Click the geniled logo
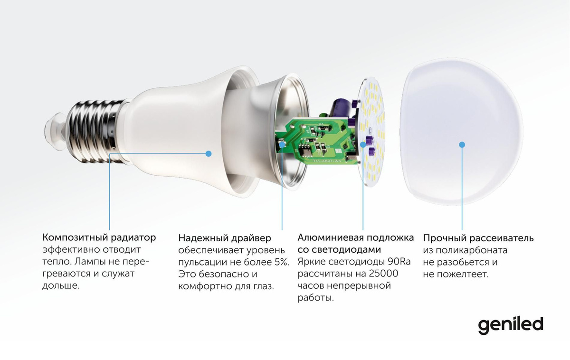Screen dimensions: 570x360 click(x=511, y=326)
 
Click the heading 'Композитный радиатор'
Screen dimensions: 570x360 click(x=99, y=237)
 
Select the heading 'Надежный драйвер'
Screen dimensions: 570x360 click(x=225, y=238)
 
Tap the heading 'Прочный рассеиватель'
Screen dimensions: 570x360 click(x=478, y=238)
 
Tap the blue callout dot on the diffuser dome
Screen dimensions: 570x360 click(x=462, y=145)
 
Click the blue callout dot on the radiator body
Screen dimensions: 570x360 click(x=209, y=154)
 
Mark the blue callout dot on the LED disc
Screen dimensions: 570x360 click(x=363, y=144)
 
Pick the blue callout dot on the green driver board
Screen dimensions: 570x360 click(x=282, y=144)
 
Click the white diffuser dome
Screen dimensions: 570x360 click(x=461, y=132)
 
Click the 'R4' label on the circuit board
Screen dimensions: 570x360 click(x=322, y=124)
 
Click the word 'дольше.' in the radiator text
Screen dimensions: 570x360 click(x=61, y=285)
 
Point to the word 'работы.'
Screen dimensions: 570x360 click(x=315, y=298)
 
